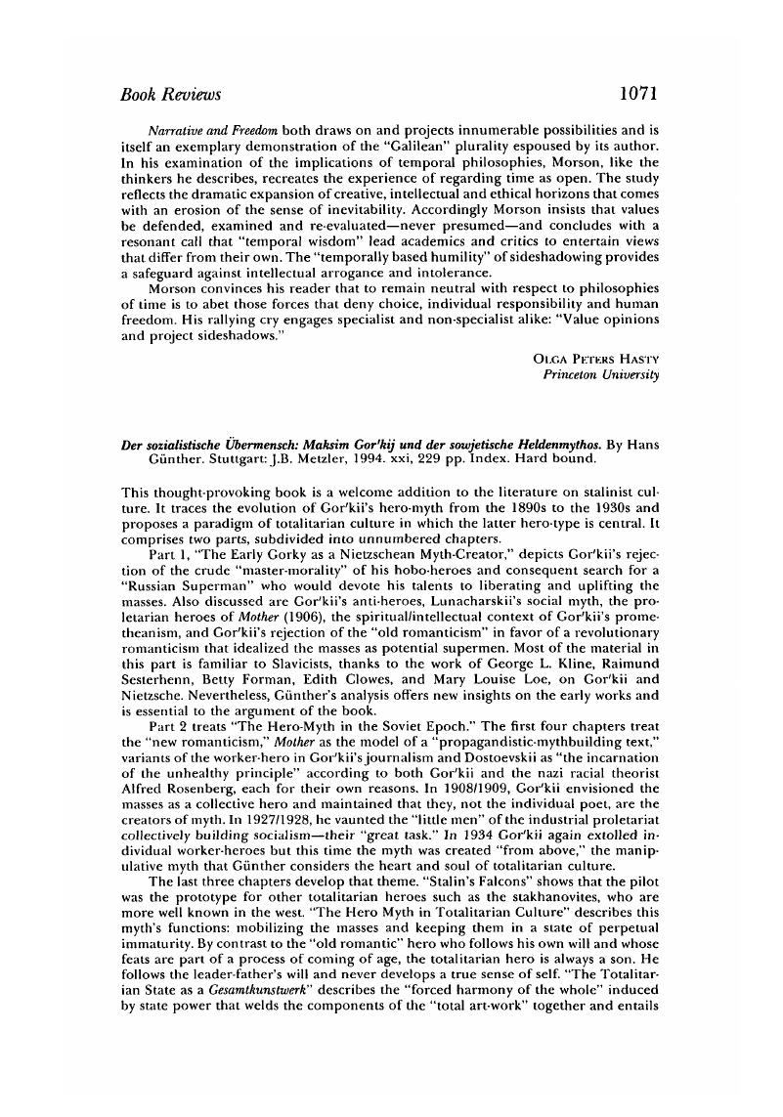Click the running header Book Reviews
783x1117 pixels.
(x=170, y=95)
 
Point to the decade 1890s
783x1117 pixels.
(x=536, y=510)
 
